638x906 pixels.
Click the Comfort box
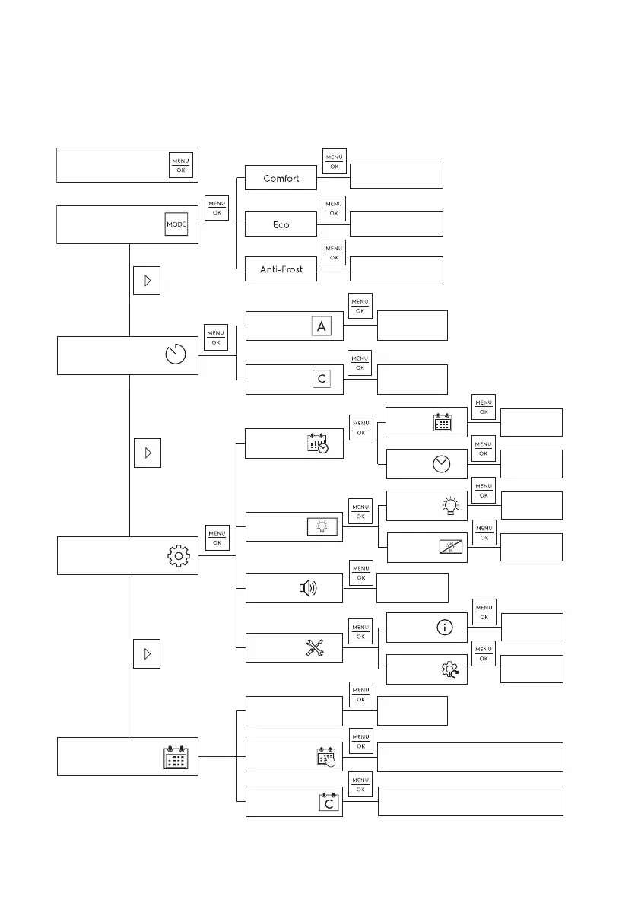(281, 179)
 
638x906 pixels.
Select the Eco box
(281, 225)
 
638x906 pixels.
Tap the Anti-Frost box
(281, 269)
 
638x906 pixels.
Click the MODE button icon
(176, 224)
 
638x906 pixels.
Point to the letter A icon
(322, 326)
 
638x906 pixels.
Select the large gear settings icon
(178, 556)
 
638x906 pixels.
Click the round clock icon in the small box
(442, 466)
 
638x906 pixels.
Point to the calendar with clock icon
(317, 444)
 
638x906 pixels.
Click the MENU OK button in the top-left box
(181, 165)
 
